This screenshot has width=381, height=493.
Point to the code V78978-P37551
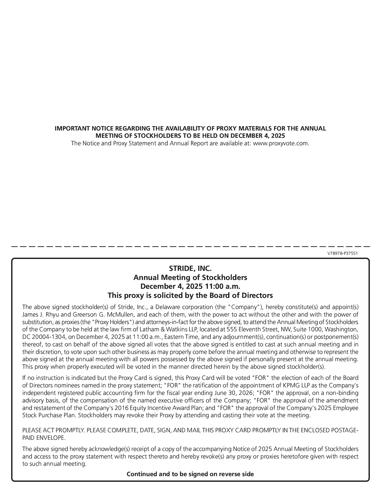tap(342, 253)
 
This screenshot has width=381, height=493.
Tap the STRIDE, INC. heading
tap(190, 268)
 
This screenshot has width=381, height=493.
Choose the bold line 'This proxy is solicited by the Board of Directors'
tap(190, 295)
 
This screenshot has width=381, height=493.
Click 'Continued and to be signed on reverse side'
tap(190, 474)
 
